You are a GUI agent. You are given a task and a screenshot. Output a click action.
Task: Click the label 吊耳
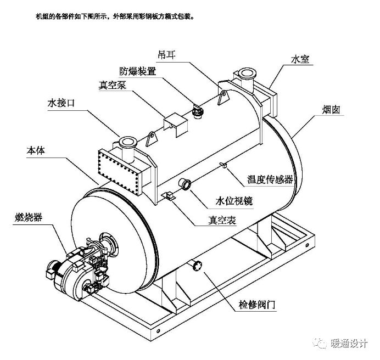[x=165, y=55]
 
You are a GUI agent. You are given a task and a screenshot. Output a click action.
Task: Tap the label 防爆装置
[x=138, y=72]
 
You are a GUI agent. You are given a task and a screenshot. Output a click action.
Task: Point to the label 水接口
[x=60, y=103]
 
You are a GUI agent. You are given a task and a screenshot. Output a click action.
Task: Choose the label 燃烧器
[x=27, y=218]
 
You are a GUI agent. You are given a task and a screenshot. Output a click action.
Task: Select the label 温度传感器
[x=270, y=179]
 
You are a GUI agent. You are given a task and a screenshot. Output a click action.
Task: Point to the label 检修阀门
[x=256, y=303]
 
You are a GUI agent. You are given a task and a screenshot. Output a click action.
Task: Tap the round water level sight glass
[x=185, y=184]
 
